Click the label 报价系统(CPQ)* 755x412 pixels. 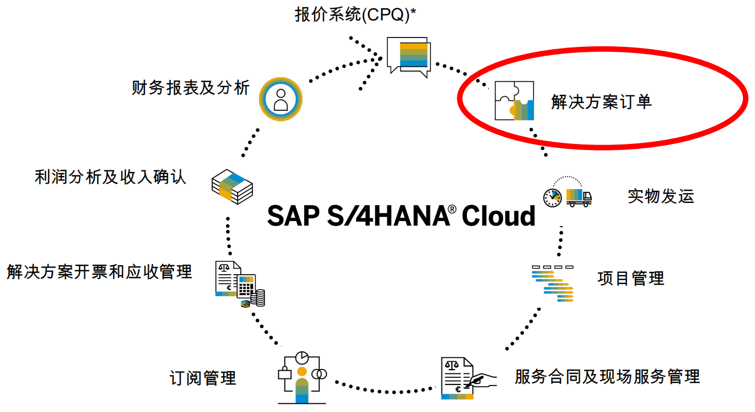[355, 15]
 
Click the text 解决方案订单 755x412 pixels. [601, 101]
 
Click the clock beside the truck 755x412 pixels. [552, 197]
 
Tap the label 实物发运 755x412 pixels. [661, 196]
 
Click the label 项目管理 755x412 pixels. [630, 278]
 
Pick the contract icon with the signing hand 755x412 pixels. [462, 378]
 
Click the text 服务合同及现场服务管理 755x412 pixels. [607, 377]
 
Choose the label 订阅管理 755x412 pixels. [203, 378]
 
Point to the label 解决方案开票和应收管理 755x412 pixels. [100, 271]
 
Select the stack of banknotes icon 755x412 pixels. [233, 186]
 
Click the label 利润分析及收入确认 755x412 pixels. [110, 177]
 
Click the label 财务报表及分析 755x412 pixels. [190, 88]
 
